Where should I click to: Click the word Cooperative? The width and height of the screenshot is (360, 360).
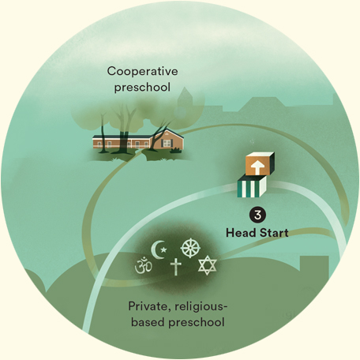pos(142,71)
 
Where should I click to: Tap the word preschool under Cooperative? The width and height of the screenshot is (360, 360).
pos(142,88)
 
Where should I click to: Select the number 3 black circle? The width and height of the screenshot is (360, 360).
pos(257,215)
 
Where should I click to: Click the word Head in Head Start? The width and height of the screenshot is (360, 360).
pos(241,233)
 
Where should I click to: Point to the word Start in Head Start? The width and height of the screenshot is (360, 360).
pos(274,233)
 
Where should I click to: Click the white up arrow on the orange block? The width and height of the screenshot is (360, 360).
pos(257,167)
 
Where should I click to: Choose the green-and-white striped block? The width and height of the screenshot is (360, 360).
pos(252,187)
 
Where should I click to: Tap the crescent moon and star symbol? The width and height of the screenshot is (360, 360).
pos(159,249)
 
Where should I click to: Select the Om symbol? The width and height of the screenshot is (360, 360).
pos(143,265)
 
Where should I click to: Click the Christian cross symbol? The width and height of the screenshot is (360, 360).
pos(176,266)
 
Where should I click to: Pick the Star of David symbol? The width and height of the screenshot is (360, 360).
pos(208,265)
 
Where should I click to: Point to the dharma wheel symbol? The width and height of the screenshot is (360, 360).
pos(190,248)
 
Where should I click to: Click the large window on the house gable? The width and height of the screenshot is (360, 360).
pos(167,143)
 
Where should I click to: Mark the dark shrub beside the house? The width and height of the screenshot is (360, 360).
pos(176,150)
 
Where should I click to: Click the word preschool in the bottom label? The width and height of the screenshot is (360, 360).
pos(197,323)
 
